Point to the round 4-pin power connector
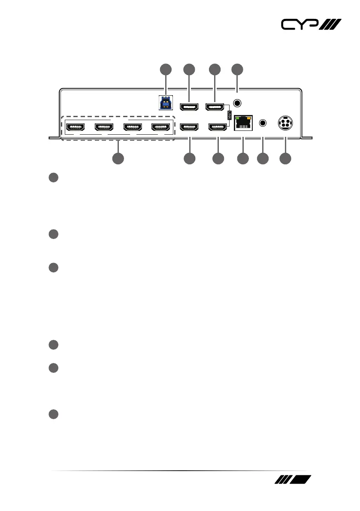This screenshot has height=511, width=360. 285,123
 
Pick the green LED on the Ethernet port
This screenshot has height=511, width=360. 238,117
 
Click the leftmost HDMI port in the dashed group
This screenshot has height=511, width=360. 76,127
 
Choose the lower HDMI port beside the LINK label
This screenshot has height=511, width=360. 218,127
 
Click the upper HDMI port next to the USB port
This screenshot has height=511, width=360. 189,106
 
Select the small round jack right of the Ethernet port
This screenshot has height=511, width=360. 263,123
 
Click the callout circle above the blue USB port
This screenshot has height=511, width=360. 165,70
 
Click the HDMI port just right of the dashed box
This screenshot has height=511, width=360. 189,127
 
